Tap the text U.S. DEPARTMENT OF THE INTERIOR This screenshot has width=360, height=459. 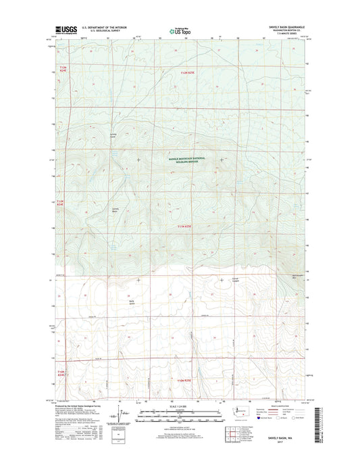[103, 28]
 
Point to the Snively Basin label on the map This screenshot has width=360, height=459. [115, 210]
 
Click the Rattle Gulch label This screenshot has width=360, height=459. [122, 295]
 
